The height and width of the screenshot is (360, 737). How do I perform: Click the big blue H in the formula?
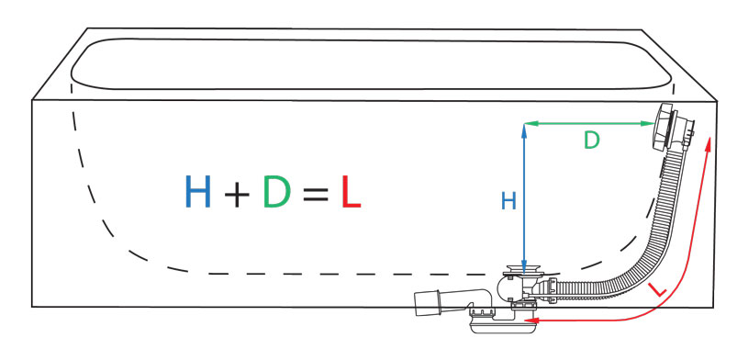point(198,191)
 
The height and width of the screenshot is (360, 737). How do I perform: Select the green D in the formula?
point(277,191)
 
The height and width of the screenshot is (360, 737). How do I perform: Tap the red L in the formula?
point(351,191)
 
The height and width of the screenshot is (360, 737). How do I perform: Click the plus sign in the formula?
point(237,194)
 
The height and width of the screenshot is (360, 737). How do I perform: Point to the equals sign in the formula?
point(316,194)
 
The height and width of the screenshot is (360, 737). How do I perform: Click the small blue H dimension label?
point(508,201)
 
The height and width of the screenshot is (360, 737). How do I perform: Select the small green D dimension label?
point(592,141)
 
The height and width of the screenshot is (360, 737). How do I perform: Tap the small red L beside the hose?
point(657,290)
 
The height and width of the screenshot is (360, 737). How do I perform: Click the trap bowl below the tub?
point(503,325)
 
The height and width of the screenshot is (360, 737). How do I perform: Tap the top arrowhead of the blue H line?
point(524,127)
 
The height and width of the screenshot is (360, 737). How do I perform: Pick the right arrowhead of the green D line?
point(650,123)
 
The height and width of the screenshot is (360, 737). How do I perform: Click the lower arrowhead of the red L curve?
point(530,321)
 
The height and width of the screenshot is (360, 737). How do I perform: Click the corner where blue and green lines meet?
point(524,123)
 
